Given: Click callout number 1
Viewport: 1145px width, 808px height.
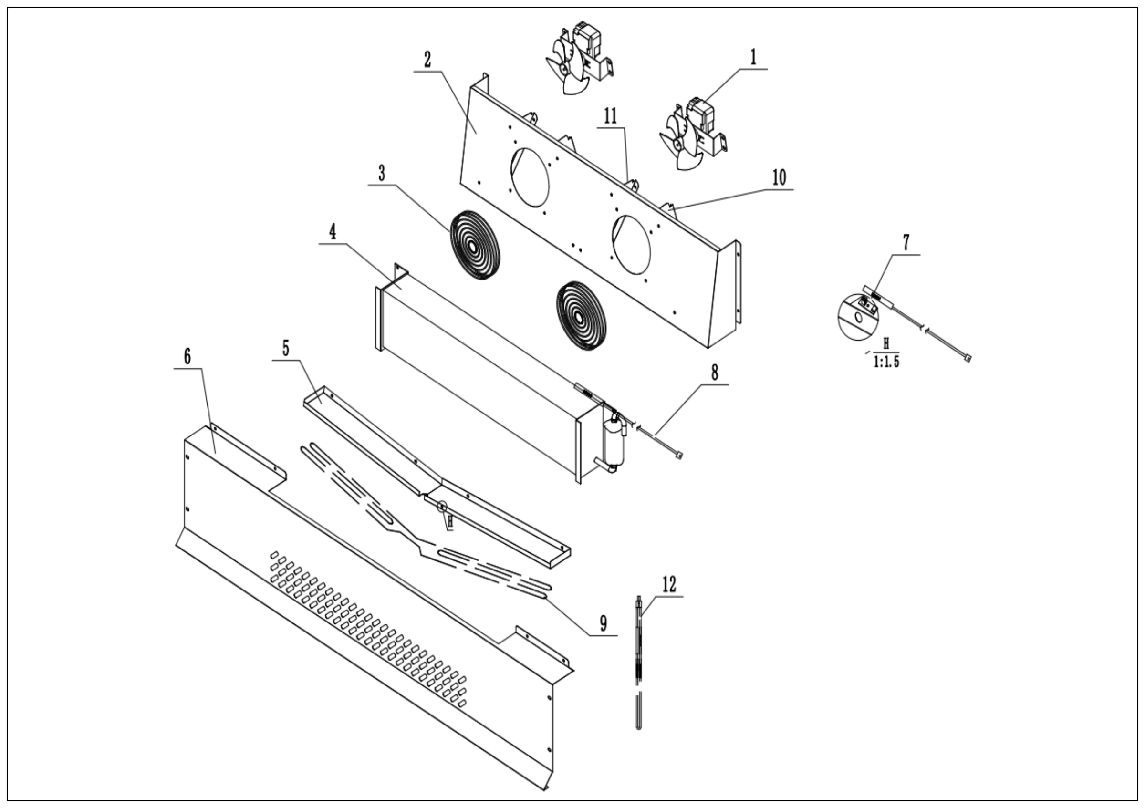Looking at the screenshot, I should (753, 58).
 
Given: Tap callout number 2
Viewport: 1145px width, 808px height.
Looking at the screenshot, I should (427, 60).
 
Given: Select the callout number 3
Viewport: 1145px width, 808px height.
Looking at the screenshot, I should (382, 174).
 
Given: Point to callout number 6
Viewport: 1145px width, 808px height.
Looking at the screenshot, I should (187, 357).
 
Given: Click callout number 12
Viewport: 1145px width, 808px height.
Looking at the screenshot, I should (669, 584).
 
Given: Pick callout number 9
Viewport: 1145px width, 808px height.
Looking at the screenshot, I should (604, 623).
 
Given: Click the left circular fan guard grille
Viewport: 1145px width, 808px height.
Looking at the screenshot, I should (474, 244).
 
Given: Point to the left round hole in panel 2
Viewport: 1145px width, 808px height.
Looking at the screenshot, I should (530, 177).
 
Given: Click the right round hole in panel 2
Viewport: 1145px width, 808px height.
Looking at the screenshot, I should (631, 245).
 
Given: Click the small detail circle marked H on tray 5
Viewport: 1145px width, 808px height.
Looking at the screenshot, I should (442, 507).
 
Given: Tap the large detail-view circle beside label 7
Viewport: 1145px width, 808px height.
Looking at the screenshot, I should (857, 317).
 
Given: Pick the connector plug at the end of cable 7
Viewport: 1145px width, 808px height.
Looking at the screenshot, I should (968, 358).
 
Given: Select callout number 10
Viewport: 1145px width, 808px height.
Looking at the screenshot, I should (779, 178).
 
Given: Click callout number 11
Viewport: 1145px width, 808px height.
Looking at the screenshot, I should (610, 117).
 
